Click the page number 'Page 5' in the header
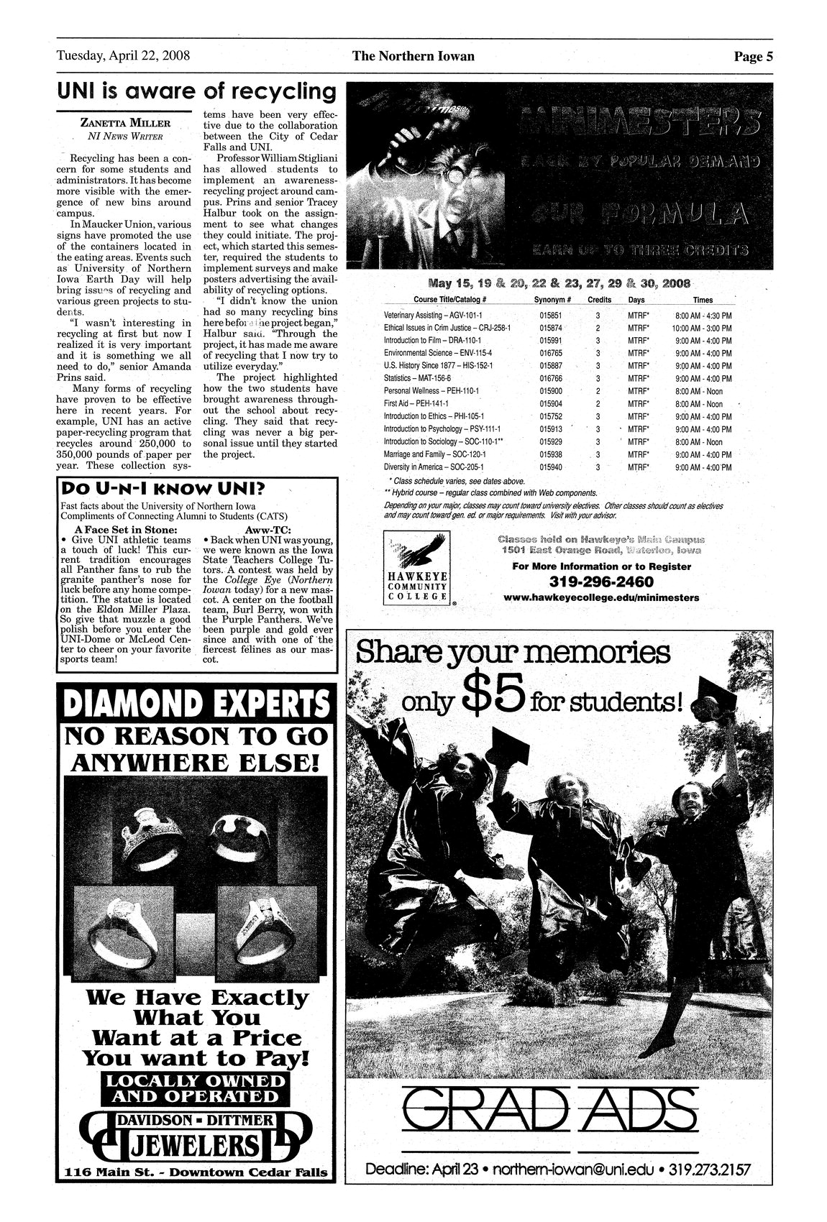pos(753,57)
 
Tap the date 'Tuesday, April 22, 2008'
pos(123,56)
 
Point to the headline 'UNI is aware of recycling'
pos(196,92)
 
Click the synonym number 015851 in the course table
pos(550,316)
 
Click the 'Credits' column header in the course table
pos(599,299)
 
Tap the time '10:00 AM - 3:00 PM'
pos(702,328)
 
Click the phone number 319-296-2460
pos(601,581)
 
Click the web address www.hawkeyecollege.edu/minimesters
pos(601,597)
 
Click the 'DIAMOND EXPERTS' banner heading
pos(196,705)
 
